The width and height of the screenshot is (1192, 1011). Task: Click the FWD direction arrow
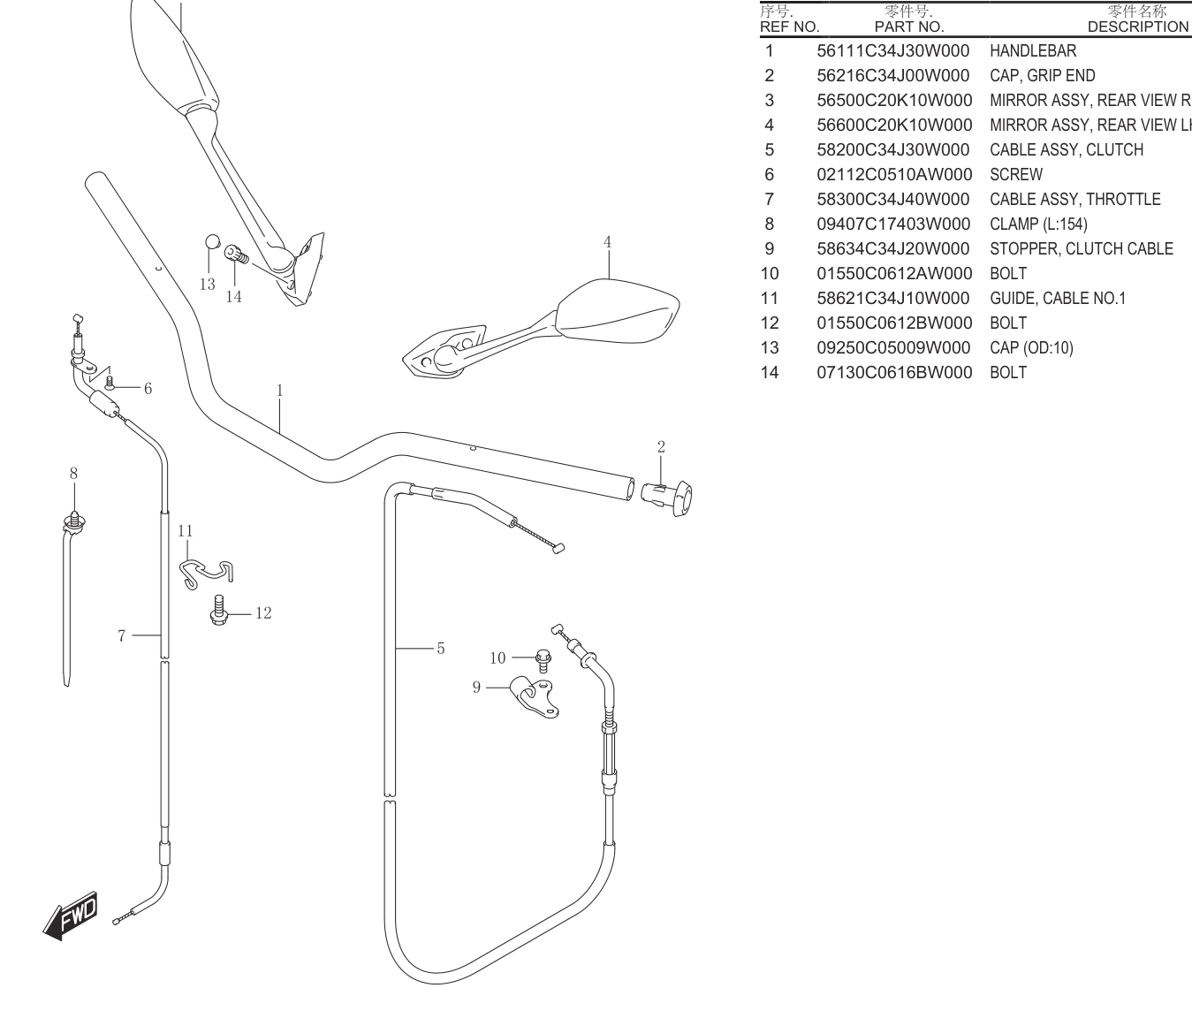72,916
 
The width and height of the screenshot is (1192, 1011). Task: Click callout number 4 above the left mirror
607,242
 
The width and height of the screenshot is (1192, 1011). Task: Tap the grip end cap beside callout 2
667,498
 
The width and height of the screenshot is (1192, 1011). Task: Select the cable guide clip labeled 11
206,574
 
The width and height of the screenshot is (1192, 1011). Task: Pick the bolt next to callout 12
219,611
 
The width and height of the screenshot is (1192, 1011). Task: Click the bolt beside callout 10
543,661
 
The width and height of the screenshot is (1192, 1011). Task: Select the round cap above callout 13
213,241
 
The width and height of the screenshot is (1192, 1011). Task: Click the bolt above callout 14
236,254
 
